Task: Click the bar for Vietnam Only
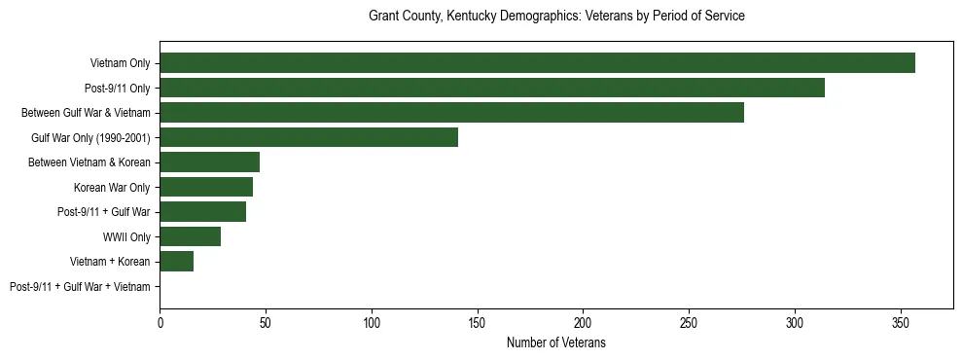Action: tap(537, 63)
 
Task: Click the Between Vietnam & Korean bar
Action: tap(209, 162)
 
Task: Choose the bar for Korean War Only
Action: tap(206, 187)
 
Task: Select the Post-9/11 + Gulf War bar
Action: tap(202, 212)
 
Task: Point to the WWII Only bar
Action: tap(190, 236)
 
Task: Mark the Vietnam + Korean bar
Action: tap(176, 262)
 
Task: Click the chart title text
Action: tap(556, 17)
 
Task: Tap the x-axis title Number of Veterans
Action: tap(556, 342)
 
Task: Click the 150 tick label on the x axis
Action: tap(478, 322)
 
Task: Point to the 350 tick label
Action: tap(901, 322)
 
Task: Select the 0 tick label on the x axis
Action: tap(160, 322)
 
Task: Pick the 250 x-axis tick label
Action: tap(689, 322)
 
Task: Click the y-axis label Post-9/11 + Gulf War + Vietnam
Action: tap(80, 287)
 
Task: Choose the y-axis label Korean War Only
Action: tap(112, 188)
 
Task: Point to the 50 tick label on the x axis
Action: tap(266, 322)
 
